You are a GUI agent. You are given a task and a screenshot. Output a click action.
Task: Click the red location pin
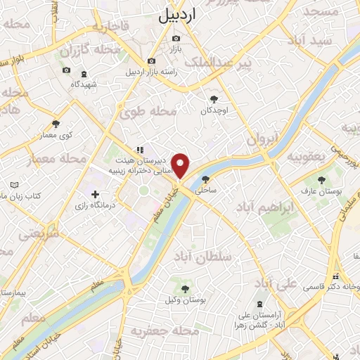(181, 166)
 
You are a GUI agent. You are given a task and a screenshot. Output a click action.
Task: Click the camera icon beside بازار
(176, 38)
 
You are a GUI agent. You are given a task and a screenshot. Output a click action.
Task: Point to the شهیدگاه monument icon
(84, 73)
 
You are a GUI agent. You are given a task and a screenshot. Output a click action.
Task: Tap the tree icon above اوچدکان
(214, 99)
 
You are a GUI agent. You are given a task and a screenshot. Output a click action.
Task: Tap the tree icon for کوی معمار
(56, 124)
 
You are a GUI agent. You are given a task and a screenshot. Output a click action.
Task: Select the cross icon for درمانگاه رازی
(96, 194)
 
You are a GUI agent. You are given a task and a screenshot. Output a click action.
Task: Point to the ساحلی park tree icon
(205, 179)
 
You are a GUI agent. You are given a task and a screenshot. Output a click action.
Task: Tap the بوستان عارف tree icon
(322, 181)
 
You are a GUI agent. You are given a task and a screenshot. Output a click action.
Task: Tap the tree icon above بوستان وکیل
(186, 289)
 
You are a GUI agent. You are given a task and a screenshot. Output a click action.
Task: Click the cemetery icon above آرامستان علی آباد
(262, 303)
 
